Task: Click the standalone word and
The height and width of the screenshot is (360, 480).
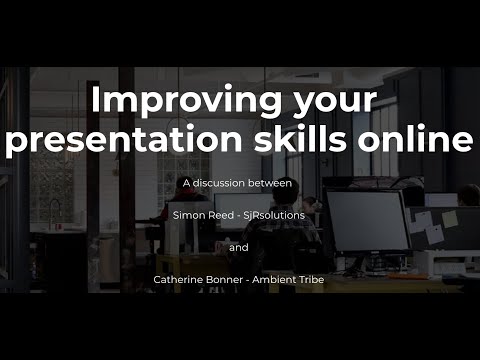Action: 239,247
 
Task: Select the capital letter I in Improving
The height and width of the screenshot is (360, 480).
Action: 97,101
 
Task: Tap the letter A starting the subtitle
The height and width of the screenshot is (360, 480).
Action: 186,183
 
